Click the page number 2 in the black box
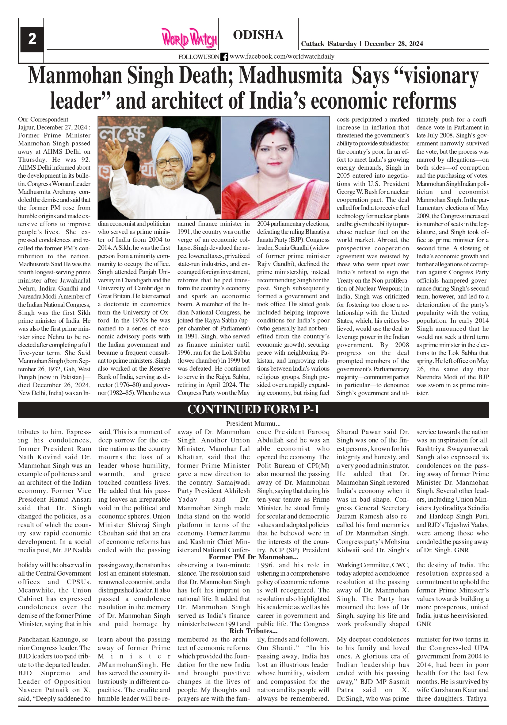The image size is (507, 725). click(x=32, y=40)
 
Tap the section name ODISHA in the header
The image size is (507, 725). click(x=258, y=35)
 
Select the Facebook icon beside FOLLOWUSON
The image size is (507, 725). click(x=224, y=57)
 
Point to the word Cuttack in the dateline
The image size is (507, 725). click(x=312, y=44)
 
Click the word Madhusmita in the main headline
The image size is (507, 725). click(x=290, y=76)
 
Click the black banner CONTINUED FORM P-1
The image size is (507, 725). click(x=253, y=409)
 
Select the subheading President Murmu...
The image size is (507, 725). click(x=253, y=424)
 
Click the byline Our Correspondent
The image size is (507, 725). click(x=43, y=119)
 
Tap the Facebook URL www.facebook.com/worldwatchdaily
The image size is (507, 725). click(x=282, y=56)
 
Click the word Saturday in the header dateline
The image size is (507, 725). click(x=343, y=44)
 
